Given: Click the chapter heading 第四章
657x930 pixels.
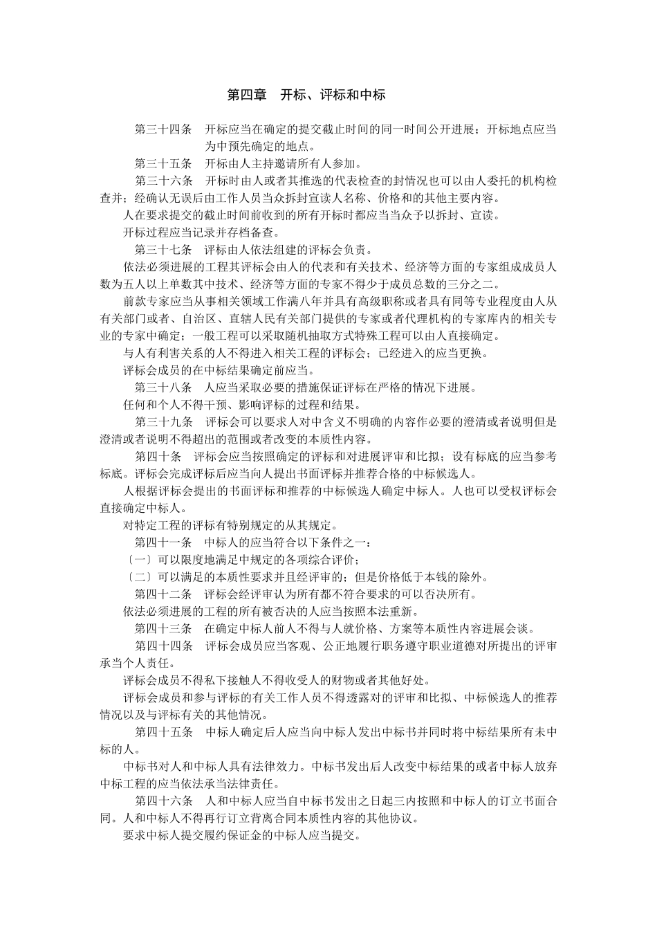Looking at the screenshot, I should (247, 95).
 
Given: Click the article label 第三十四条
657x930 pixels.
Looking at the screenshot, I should (163, 129).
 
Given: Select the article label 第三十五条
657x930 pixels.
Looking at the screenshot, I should (163, 164).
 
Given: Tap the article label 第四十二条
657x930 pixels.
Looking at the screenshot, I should (163, 594).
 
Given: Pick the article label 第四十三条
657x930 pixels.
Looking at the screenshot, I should (163, 628).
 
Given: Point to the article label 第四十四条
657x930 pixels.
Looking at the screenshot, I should (163, 646).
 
